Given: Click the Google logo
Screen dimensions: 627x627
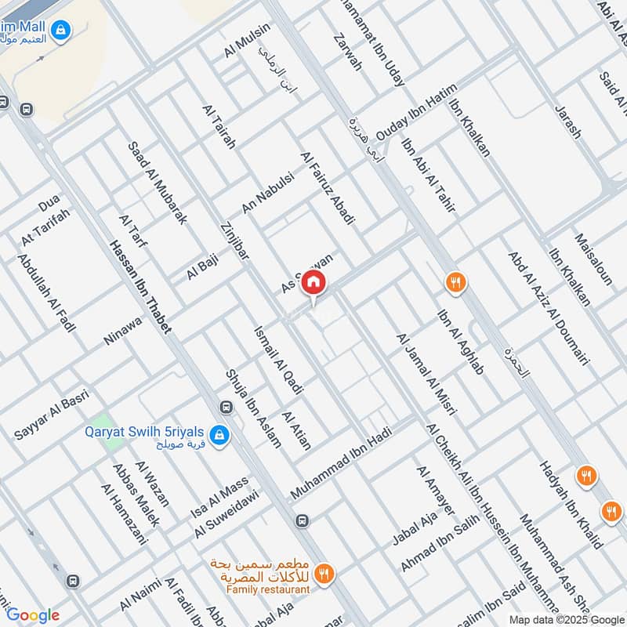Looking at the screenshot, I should pyautogui.click(x=33, y=615).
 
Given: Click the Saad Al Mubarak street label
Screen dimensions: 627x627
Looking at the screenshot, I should pyautogui.click(x=158, y=183).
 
